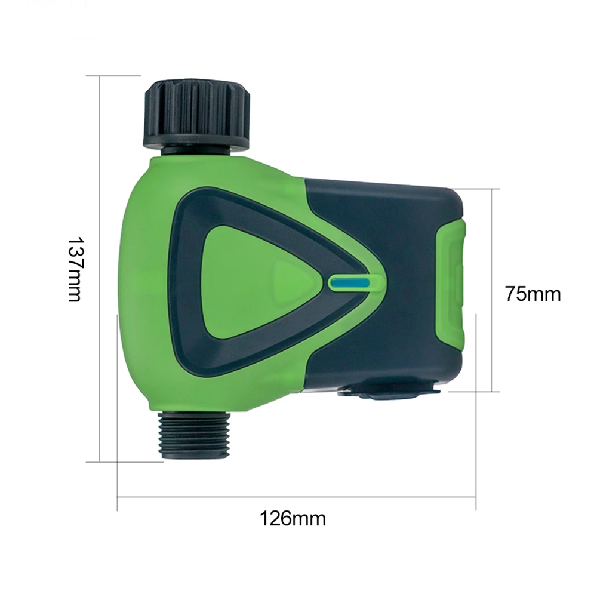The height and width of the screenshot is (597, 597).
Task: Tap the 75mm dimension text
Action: [533, 294]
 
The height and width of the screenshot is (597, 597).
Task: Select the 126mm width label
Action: [293, 519]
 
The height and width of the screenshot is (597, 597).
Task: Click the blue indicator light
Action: [350, 283]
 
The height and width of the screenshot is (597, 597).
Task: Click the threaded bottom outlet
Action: [194, 435]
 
